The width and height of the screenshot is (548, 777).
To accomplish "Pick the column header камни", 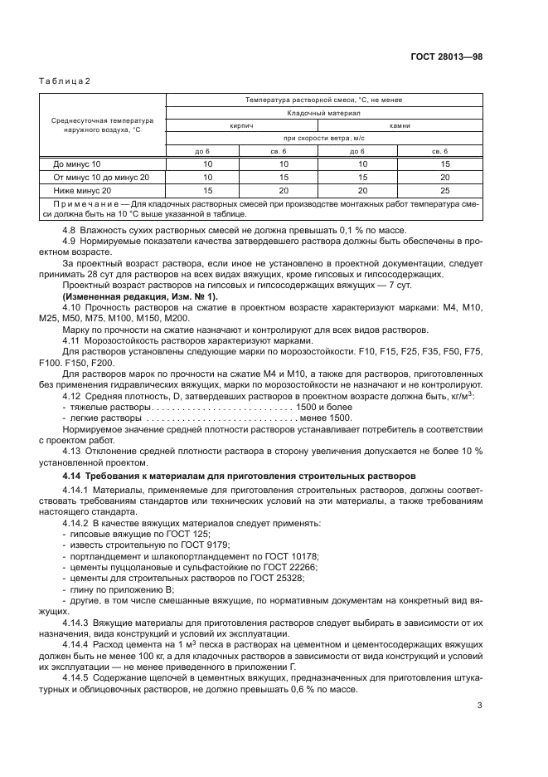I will click(399, 125).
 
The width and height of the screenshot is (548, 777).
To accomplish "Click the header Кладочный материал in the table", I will click(322, 113).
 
